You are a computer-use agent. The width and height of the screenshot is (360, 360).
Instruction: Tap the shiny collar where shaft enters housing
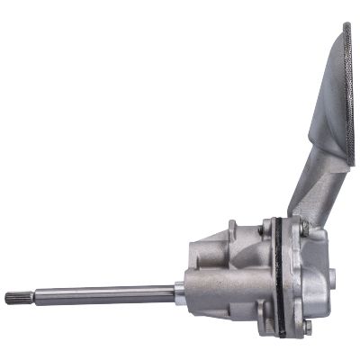click(x=180, y=290)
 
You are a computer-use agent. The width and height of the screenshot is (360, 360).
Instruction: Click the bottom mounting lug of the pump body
click(x=262, y=315)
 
